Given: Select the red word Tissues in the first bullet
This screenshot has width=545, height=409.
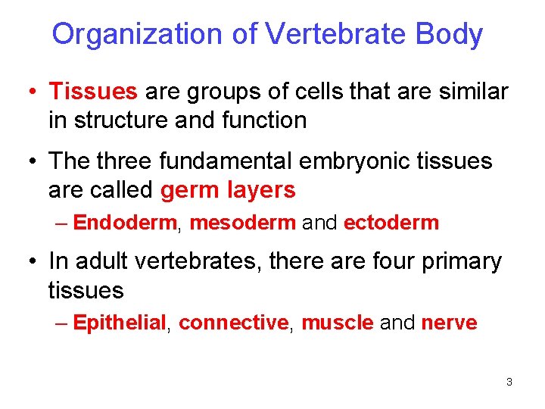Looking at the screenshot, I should click(93, 92).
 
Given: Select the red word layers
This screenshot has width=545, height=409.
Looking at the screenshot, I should click(261, 189).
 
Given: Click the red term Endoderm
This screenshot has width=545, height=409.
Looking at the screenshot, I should click(125, 223).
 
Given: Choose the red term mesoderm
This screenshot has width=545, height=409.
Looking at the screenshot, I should click(242, 223).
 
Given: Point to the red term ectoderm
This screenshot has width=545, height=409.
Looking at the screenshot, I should click(391, 223).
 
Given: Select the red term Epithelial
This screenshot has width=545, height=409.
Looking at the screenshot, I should click(120, 323).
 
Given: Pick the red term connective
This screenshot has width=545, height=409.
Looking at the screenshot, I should click(233, 323).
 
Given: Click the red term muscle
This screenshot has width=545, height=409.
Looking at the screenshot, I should click(337, 323).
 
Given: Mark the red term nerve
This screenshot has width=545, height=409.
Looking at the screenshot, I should click(449, 323).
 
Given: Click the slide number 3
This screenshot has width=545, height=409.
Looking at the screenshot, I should click(509, 382).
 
